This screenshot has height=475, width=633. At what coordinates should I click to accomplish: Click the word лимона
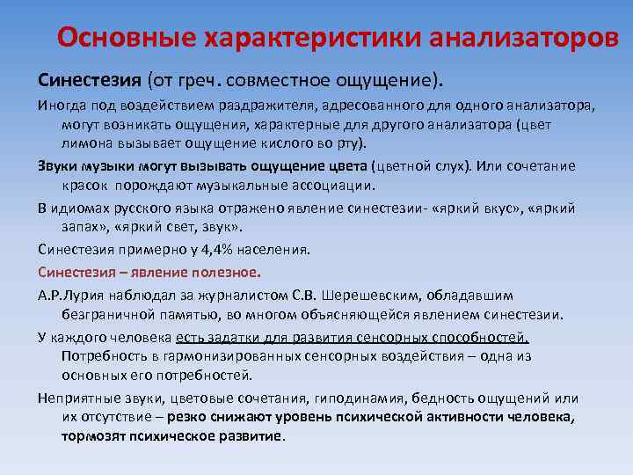[85, 143]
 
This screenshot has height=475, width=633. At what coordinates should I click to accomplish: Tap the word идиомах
[76, 208]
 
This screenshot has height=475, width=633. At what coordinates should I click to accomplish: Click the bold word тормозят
[96, 436]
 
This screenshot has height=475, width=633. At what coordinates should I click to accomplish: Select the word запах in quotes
[82, 228]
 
